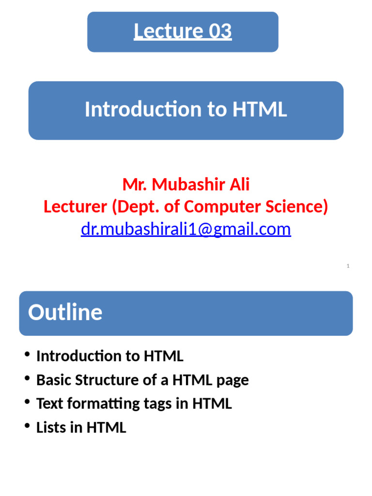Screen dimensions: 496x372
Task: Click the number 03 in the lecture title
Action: click(220, 31)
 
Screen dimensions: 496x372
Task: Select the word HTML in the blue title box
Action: click(260, 109)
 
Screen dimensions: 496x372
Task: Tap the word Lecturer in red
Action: click(75, 207)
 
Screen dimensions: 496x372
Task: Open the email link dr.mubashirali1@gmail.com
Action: click(186, 229)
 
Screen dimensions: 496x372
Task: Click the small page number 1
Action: click(348, 266)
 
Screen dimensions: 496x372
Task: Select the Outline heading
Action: click(65, 312)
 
